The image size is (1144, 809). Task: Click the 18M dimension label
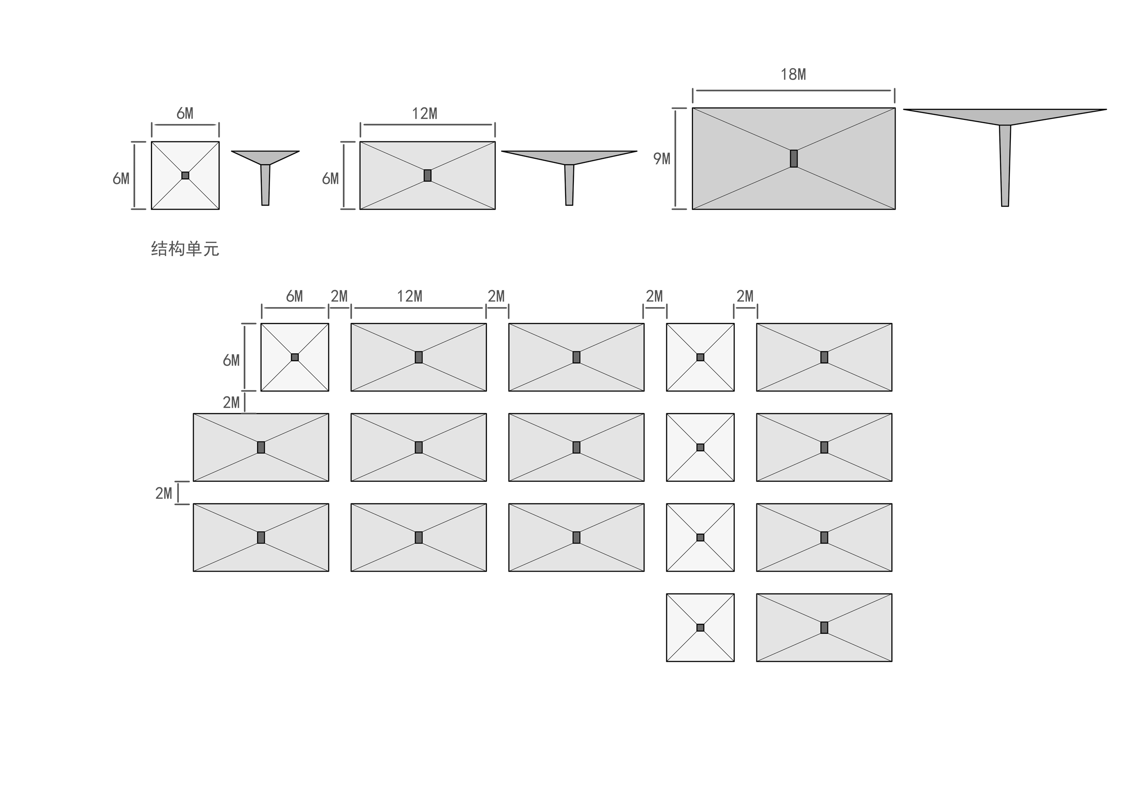coord(793,75)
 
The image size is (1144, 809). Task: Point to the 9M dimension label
coord(662,159)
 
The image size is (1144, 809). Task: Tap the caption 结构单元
coord(185,248)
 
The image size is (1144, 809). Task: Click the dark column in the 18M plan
coord(794,158)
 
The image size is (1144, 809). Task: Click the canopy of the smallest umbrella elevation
coord(265,157)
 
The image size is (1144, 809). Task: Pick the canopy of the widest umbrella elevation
coord(1004,116)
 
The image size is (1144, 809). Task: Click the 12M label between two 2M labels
coord(410,297)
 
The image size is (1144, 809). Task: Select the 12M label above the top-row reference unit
coord(425,113)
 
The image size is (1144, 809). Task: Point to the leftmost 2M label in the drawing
coord(163,493)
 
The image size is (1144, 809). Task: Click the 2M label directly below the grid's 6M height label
coord(231,403)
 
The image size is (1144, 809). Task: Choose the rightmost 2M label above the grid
coord(745,297)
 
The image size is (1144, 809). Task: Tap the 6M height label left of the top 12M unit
coord(330,178)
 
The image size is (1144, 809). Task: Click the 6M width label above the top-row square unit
coord(185,113)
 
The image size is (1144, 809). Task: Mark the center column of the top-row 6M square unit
coord(185,175)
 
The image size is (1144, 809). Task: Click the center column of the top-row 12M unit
coord(427,175)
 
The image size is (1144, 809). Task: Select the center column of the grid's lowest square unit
coord(700,628)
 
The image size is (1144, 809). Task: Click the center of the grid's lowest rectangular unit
coord(824,628)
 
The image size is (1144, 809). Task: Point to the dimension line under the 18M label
coord(793,91)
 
